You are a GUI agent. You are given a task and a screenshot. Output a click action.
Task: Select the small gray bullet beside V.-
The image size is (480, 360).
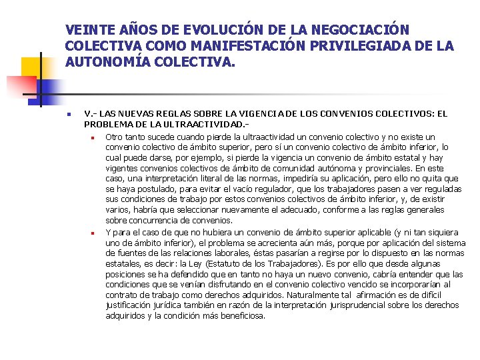point(69,114)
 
